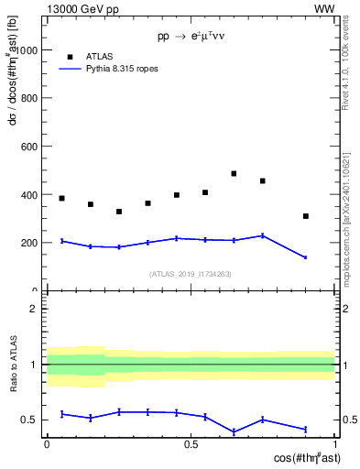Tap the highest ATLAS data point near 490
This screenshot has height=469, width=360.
click(234, 173)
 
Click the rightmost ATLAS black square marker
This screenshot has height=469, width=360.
click(306, 216)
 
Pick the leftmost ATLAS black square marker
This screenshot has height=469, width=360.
click(61, 198)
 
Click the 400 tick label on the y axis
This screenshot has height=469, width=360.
click(28, 194)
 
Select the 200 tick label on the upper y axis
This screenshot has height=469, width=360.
click(28, 243)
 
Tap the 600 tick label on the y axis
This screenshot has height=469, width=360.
click(28, 147)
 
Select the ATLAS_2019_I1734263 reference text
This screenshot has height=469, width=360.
click(191, 274)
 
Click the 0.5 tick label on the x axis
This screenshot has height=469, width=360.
click(191, 443)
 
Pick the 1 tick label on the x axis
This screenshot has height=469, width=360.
click(334, 443)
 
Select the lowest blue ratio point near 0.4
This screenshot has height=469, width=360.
click(234, 431)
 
